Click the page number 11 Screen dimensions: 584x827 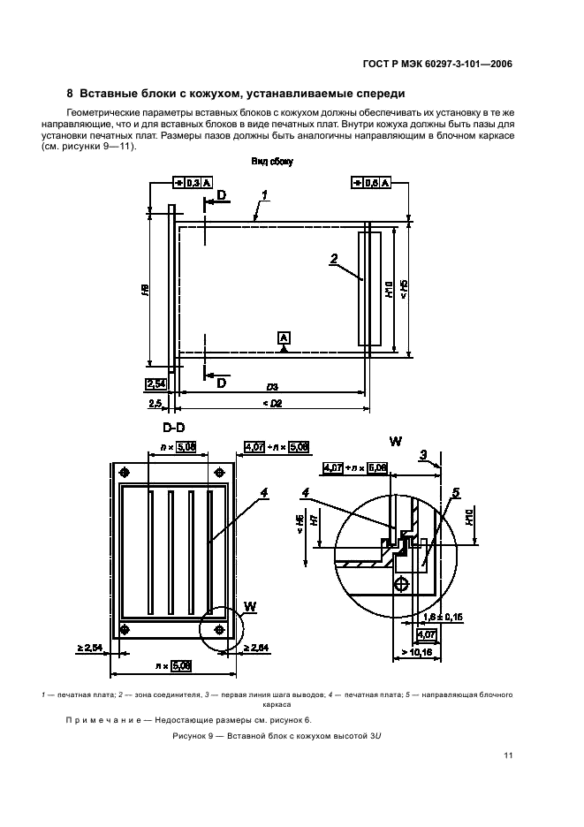508,755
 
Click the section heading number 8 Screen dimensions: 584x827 70,94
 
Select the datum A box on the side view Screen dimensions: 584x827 284,338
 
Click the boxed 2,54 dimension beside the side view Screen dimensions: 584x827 155,384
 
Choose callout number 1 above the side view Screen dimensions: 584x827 264,195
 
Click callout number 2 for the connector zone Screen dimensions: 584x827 334,259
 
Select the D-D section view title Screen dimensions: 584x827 173,428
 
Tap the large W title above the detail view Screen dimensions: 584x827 396,441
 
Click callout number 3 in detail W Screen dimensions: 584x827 423,455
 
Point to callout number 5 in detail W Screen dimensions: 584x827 456,493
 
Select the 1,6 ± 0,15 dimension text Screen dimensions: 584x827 444,617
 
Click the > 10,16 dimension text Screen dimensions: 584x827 417,652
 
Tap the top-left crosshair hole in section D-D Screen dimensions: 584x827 125,472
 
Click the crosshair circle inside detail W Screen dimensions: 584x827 402,584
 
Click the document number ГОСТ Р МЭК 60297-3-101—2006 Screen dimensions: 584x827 438,64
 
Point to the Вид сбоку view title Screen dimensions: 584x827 272,162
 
